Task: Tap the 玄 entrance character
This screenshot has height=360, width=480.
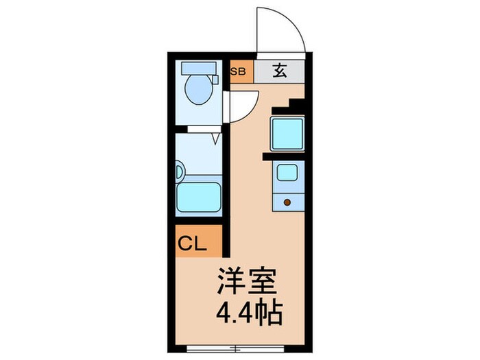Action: [x=280, y=70]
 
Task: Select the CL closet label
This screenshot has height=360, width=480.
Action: [x=194, y=243]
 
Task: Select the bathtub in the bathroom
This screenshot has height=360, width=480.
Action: [x=198, y=197]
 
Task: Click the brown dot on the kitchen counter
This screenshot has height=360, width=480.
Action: [x=287, y=202]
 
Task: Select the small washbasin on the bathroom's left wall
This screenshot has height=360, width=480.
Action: [x=180, y=169]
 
